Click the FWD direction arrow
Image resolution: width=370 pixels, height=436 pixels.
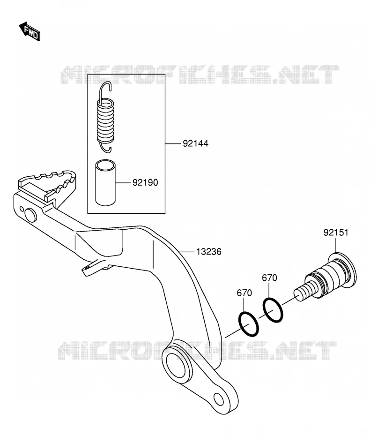30,31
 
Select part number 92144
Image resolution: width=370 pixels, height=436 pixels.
195,143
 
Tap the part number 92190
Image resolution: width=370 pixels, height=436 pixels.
145,183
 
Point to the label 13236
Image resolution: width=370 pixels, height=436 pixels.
208,252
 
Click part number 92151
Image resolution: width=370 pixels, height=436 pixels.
335,233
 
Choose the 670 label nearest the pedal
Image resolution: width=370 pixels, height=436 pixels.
244,293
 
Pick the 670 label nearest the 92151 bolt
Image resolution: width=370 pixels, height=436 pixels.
269,278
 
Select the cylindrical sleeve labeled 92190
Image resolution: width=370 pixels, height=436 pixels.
105,183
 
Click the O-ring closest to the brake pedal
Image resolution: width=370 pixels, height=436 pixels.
249,324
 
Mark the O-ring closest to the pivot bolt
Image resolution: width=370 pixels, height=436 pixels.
273,310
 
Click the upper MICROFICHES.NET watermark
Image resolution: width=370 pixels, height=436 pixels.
200,75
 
